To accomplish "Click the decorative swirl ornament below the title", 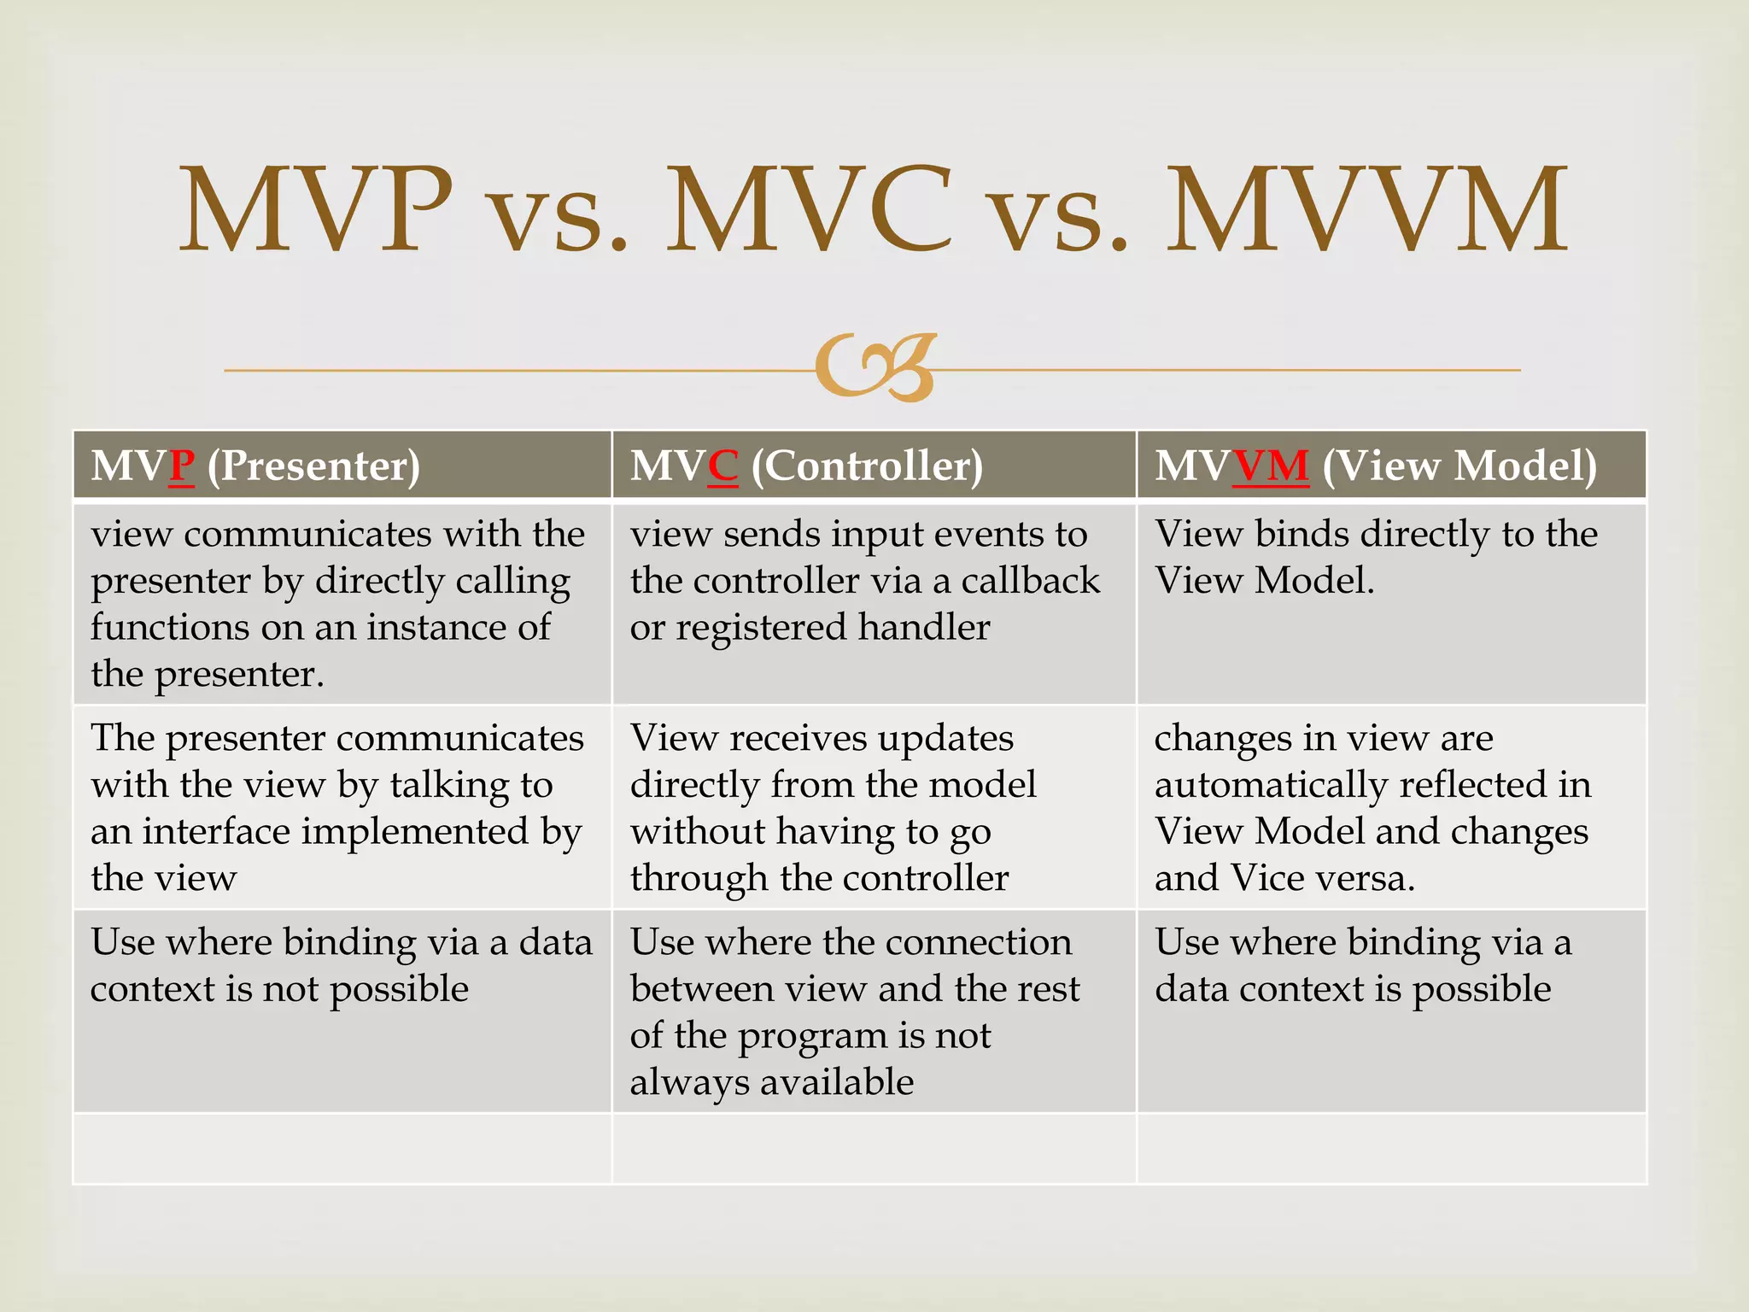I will [876, 367].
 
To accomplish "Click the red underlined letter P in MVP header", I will [182, 466].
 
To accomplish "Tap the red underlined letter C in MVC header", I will [722, 466].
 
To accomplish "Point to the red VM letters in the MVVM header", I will [1271, 466].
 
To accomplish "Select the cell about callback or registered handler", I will [874, 603].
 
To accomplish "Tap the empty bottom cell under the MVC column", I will [874, 1149].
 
